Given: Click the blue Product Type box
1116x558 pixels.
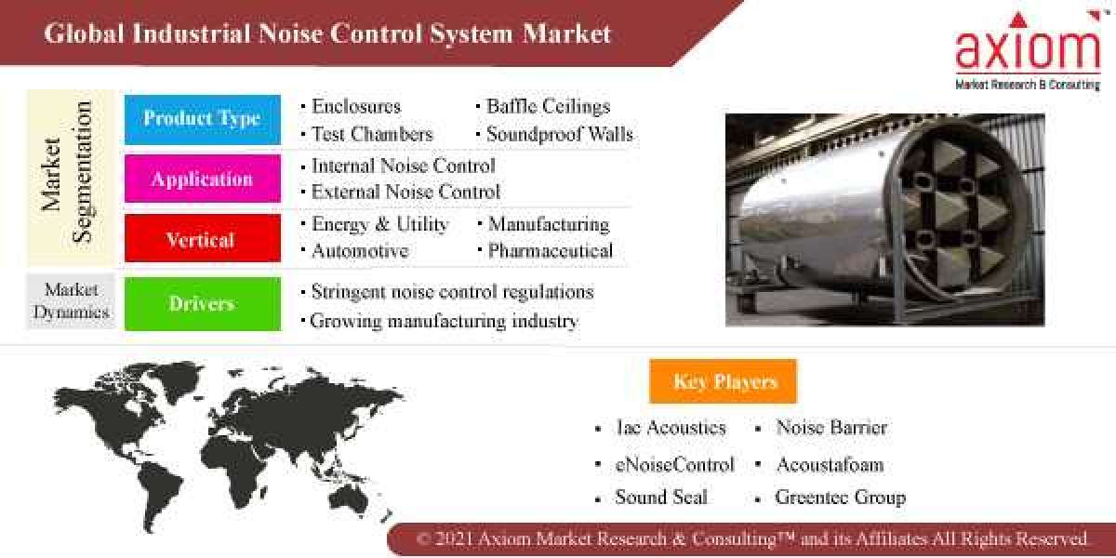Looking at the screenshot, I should (x=202, y=119).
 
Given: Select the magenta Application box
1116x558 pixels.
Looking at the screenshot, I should (x=202, y=179).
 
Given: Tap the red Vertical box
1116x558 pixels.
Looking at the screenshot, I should (x=202, y=239).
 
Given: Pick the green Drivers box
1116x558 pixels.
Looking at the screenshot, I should (x=202, y=303).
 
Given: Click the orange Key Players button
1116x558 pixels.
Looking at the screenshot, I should (x=723, y=381).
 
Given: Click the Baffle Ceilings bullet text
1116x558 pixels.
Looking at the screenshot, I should (x=548, y=107).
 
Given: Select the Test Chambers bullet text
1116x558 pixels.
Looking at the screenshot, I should (x=372, y=134).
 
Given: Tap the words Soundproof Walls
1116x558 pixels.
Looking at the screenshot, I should (x=559, y=134).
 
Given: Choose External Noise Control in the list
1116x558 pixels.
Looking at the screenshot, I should (x=405, y=192).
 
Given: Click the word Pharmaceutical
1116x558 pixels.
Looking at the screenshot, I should (x=551, y=250).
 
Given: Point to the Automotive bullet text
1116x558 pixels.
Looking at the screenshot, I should (x=360, y=250).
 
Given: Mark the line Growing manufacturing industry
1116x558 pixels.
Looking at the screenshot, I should (x=444, y=321).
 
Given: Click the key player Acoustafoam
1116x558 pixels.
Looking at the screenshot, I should (x=830, y=463).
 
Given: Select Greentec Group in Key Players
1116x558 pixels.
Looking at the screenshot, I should (x=840, y=498).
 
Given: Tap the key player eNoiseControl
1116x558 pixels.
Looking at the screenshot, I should (x=674, y=463).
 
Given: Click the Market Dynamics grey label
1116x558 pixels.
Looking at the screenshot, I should (x=71, y=301).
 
